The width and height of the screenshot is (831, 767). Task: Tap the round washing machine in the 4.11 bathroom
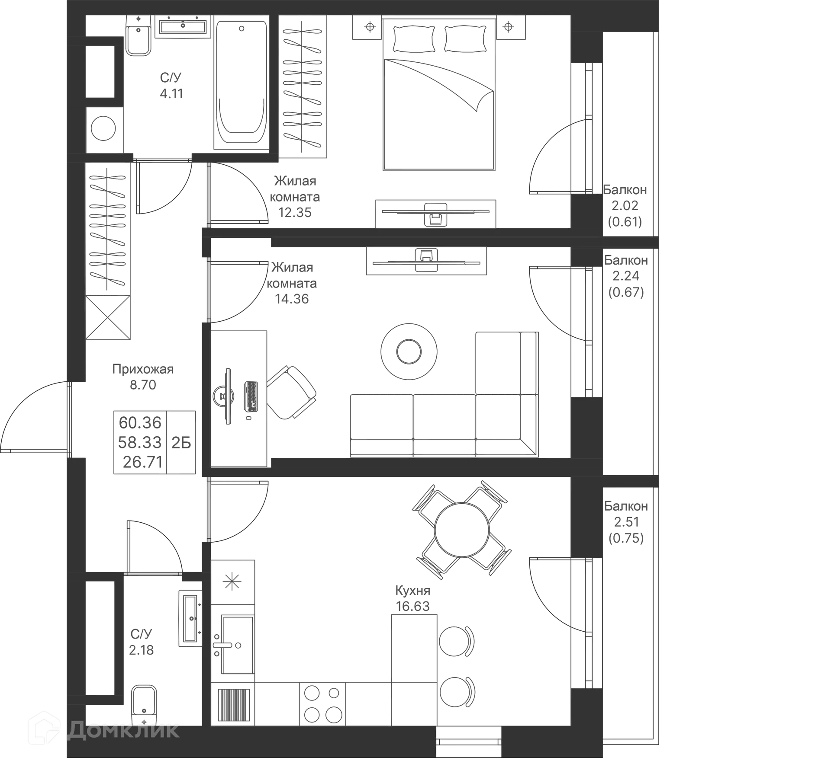point(104,128)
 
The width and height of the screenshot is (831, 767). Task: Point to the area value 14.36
point(293,299)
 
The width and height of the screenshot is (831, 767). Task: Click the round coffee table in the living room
point(408,351)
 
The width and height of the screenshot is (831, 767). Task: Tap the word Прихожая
point(142,369)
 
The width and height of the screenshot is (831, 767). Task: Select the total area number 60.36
point(140,422)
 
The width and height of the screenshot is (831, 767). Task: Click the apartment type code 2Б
point(182,442)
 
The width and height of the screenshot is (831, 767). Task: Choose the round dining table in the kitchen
point(462,530)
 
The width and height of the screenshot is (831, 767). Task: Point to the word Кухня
point(413,590)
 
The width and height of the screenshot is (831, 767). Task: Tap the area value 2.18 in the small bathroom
point(142,650)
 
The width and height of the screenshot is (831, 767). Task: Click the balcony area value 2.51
point(626,522)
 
